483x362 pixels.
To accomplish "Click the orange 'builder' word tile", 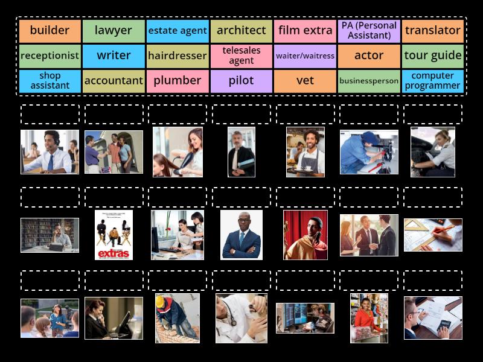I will point(50,31).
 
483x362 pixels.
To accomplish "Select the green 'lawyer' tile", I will point(114,31).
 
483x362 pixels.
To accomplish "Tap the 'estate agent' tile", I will point(178,31).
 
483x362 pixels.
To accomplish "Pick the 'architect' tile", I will point(241,31).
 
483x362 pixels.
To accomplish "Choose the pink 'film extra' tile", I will point(305,31).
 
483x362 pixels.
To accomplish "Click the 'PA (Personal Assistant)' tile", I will point(369,31).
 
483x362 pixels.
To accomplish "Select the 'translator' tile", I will point(433,31).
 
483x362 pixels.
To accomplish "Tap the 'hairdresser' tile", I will point(178,56).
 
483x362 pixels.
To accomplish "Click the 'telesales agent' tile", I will point(241,56).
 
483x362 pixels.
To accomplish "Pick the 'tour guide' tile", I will point(433,56).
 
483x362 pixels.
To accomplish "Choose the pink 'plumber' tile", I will point(178,81).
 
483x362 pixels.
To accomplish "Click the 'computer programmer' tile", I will point(433,81).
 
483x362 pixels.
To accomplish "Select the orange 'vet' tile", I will point(305,81).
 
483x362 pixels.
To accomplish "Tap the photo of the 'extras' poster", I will point(114,235).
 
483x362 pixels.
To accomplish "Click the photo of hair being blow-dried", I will point(178,151).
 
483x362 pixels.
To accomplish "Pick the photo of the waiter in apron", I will point(305,151).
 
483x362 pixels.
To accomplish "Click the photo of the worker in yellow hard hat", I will point(177,318).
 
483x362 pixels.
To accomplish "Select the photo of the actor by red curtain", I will point(305,235).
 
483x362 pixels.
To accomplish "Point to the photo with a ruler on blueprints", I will point(433,235).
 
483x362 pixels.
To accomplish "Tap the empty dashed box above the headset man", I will point(50,114).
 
